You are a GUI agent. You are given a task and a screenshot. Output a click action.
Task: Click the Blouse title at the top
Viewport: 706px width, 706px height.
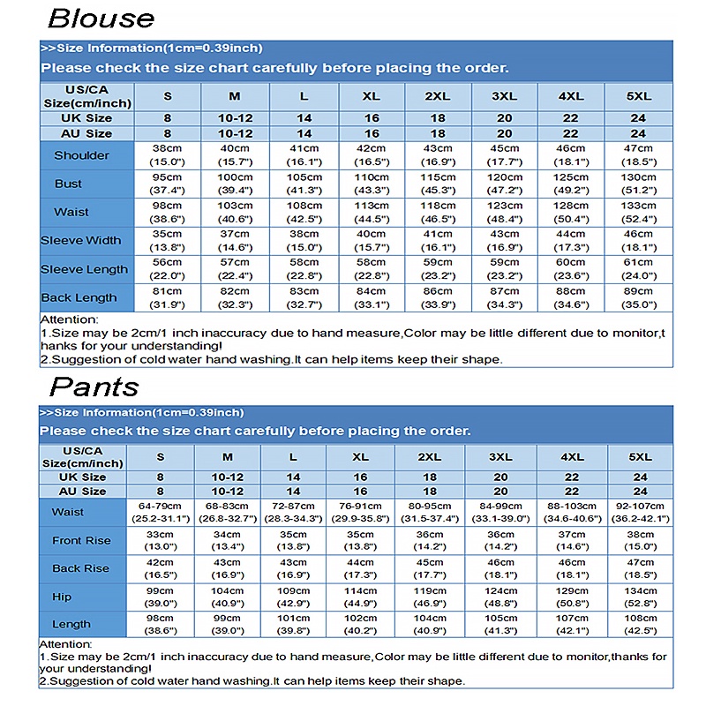(101, 19)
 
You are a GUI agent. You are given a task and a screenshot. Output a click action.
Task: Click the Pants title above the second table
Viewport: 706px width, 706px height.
(94, 386)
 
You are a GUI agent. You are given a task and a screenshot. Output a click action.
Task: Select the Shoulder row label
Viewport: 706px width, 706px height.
(82, 155)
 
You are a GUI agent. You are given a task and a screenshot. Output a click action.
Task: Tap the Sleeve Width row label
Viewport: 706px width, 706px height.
(81, 240)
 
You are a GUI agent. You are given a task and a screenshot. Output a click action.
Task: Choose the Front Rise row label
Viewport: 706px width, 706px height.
(81, 540)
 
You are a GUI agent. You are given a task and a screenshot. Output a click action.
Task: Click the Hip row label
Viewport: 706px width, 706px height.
(62, 597)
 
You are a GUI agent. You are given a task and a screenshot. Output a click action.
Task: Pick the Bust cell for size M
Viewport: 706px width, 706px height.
(235, 184)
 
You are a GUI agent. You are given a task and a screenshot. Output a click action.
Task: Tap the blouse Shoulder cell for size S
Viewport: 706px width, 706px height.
(167, 155)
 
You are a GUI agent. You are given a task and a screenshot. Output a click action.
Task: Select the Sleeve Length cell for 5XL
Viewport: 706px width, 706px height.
(639, 268)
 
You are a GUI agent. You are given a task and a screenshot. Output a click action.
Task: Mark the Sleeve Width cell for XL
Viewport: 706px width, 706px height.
(371, 240)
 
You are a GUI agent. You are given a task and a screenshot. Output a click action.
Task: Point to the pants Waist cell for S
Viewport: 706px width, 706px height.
(161, 512)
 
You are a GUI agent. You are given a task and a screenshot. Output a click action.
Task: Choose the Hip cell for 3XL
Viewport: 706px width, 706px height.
(500, 597)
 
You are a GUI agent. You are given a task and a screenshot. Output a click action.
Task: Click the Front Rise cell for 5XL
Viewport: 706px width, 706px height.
(640, 540)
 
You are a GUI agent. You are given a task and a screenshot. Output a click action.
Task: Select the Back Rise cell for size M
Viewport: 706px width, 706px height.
(227, 568)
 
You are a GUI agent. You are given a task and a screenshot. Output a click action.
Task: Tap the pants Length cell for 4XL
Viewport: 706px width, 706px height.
(572, 625)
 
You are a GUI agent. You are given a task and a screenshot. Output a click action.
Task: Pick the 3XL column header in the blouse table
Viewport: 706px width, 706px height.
(504, 96)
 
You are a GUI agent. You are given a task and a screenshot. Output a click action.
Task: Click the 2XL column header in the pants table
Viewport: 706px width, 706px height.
(430, 457)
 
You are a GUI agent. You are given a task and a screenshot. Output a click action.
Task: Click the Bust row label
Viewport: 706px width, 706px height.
(68, 184)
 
